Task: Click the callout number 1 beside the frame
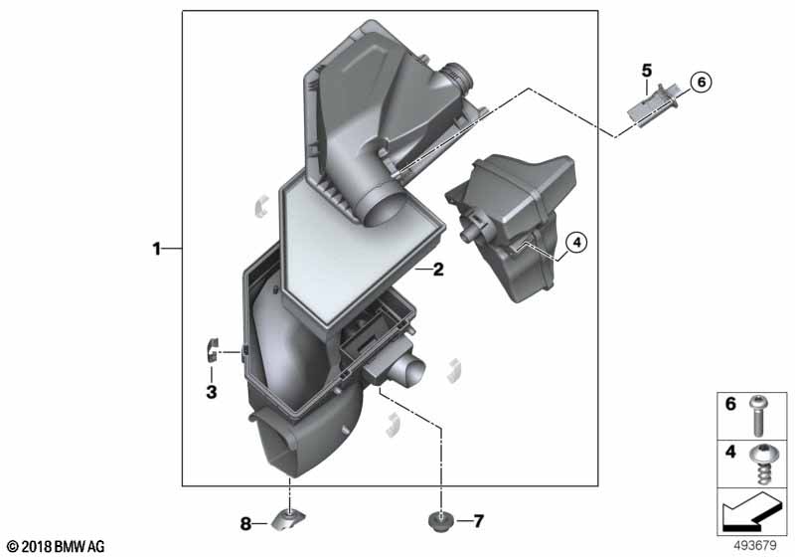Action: pyautogui.click(x=157, y=249)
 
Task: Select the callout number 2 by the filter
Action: pyautogui.click(x=438, y=270)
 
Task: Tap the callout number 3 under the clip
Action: pyautogui.click(x=212, y=392)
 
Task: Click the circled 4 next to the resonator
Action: pyautogui.click(x=576, y=243)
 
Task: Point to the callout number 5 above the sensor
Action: pyautogui.click(x=647, y=71)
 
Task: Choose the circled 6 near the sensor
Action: pyautogui.click(x=702, y=82)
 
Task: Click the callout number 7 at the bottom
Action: pyautogui.click(x=478, y=520)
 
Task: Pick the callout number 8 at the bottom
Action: pyautogui.click(x=245, y=523)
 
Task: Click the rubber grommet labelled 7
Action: pyautogui.click(x=440, y=522)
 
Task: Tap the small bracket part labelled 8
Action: pyautogui.click(x=288, y=520)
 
